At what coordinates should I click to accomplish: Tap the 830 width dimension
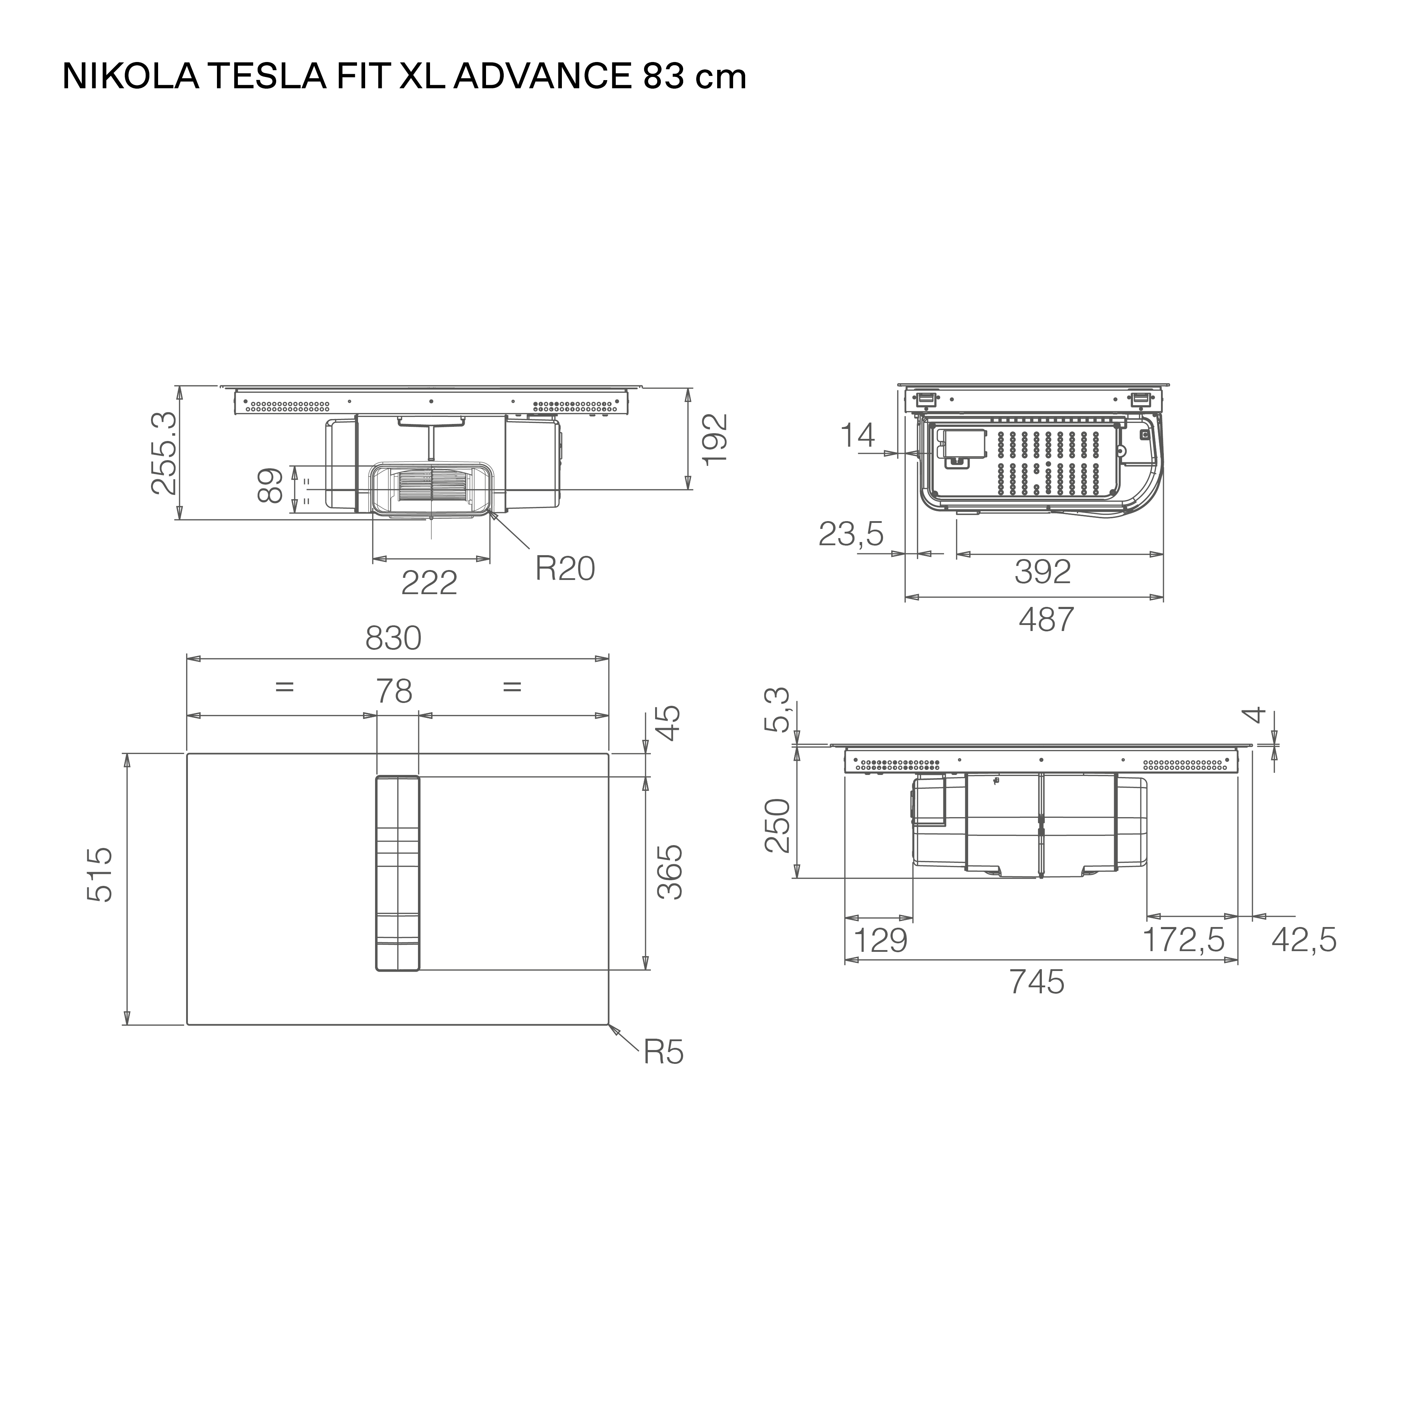tap(393, 638)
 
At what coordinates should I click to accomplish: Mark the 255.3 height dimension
tap(164, 453)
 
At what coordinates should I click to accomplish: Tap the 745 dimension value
tap(1036, 982)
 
